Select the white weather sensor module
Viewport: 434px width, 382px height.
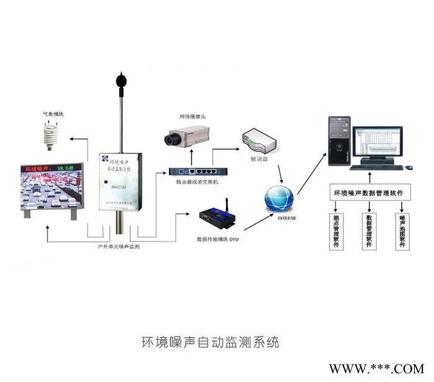coord(49,135)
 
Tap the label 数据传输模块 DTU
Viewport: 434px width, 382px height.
coord(217,239)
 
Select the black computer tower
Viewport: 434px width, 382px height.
coord(339,141)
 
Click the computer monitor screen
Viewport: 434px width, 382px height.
coord(377,143)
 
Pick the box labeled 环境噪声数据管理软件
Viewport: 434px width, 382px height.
coord(369,193)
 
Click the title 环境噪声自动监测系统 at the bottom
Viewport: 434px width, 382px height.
coord(211,342)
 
